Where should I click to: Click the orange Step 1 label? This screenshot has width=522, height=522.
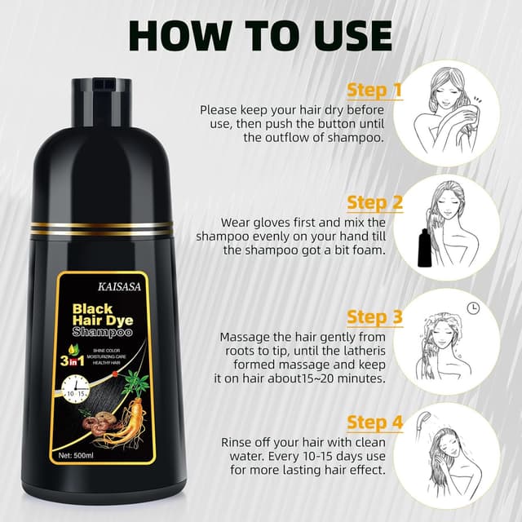pos(374,89)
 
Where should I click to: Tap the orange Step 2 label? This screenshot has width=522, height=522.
pos(374,201)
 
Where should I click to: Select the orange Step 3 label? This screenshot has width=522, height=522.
pos(374,316)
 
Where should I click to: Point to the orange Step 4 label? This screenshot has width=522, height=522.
pos(374,422)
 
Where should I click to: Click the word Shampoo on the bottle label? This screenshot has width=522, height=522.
pos(102,334)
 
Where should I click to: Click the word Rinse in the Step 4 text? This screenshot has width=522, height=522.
pos(237,441)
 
